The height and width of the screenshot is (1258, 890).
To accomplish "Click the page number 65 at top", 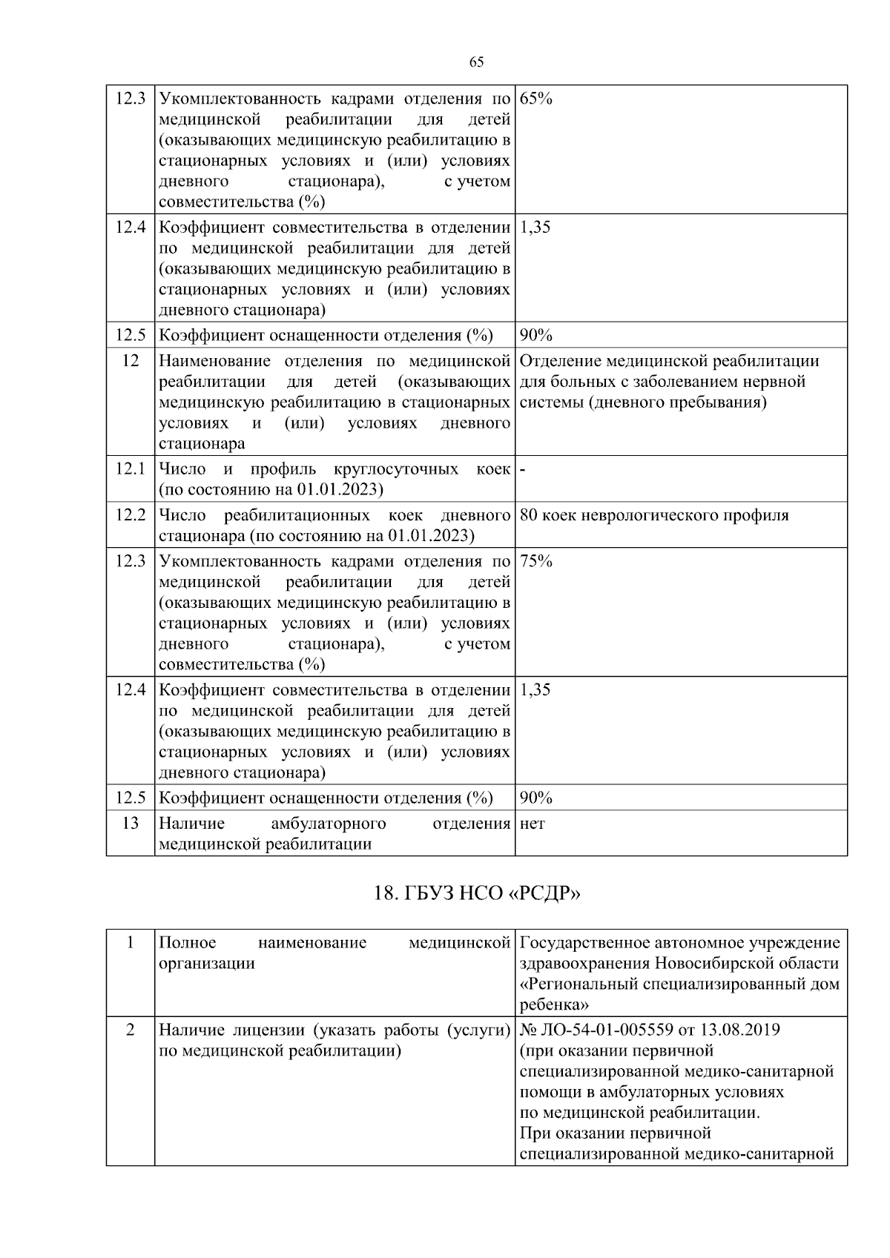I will pos(477,62).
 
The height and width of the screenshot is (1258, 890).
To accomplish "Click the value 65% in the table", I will pos(535,99).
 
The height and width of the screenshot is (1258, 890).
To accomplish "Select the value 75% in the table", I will pos(535,561).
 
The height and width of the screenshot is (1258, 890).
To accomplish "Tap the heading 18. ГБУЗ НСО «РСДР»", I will pos(476,893).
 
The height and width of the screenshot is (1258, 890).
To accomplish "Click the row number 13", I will pos(130,823).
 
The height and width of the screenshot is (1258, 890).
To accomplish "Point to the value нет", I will pos(533,824).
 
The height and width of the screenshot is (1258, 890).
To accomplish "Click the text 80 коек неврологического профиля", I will pos(654,515).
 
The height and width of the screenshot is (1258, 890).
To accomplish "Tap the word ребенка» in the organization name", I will pos(554,1005).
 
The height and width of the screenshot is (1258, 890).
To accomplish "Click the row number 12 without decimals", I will pos(130,361).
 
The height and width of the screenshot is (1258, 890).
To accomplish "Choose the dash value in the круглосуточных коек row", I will pos(523,469).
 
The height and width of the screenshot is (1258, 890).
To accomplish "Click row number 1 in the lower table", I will pos(130,943).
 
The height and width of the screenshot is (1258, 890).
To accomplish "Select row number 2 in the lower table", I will pos(130,1030).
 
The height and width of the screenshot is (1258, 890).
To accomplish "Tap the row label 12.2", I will pos(130,515).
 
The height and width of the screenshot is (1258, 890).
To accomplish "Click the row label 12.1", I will pos(130,469).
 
